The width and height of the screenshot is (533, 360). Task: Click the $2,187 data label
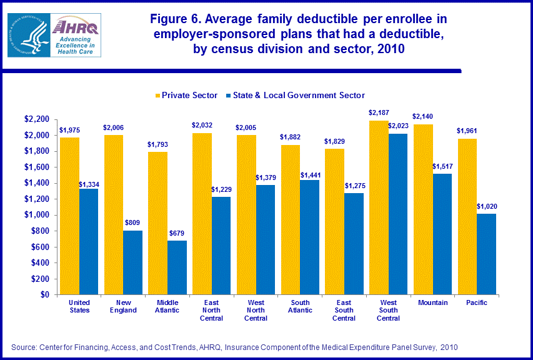point(379,112)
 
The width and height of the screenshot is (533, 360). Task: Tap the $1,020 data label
point(487,206)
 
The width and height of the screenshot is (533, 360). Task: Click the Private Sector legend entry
point(186,95)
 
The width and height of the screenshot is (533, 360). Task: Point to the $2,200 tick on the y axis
point(37,119)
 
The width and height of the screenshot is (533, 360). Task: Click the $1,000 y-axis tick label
point(37,215)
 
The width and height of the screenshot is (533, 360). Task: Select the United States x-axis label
point(79,306)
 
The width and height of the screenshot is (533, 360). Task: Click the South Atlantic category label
point(300,306)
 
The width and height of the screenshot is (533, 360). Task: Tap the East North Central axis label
point(212,309)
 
